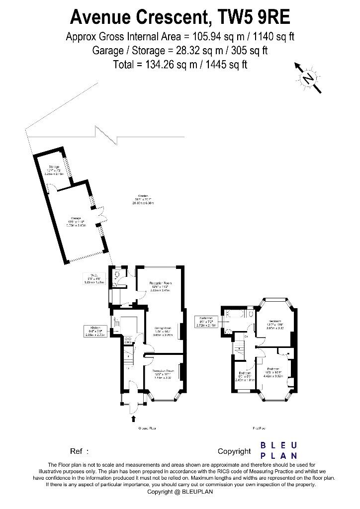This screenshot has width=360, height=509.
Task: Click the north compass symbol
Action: coord(309,78)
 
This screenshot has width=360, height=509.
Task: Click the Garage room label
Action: coord(76,223)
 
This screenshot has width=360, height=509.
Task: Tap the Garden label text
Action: coord(143,199)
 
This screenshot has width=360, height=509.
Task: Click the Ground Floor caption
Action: coord(146,428)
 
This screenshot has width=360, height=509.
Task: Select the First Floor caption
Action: coord(258,428)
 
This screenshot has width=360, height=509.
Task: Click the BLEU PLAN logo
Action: coord(279,450)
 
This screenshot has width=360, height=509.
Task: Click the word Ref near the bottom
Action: coord(77,451)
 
